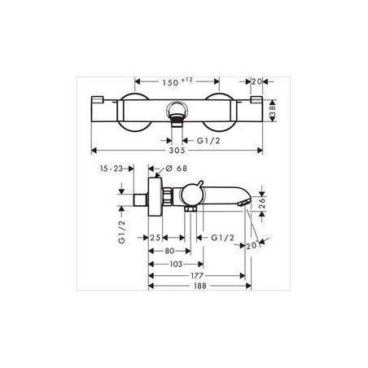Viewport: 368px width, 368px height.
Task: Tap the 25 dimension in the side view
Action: (156, 239)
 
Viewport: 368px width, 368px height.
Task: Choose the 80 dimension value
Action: (169, 252)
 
